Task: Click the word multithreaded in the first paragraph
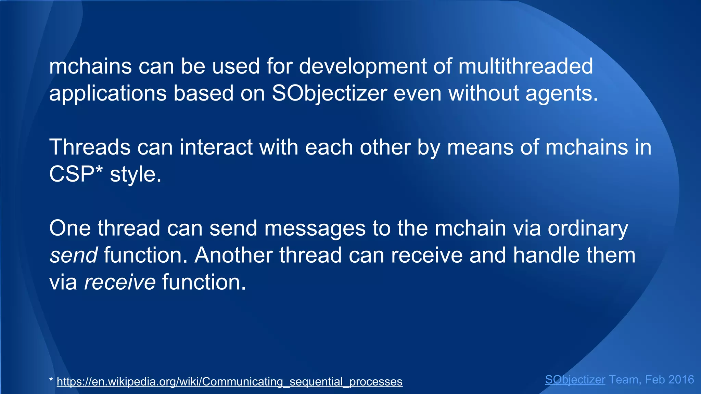(525, 66)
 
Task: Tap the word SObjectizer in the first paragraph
(329, 93)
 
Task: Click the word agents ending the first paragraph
(561, 93)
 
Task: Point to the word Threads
(90, 147)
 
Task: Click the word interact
(216, 147)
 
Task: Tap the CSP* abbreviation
(76, 174)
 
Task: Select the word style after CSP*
(135, 174)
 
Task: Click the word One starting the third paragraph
(70, 228)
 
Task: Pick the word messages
(315, 228)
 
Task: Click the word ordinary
(588, 228)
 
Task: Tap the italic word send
(73, 255)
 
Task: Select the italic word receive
(120, 282)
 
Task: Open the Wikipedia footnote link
(229, 381)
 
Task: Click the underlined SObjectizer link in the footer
(575, 380)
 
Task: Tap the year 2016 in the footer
(681, 380)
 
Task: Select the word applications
(108, 93)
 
